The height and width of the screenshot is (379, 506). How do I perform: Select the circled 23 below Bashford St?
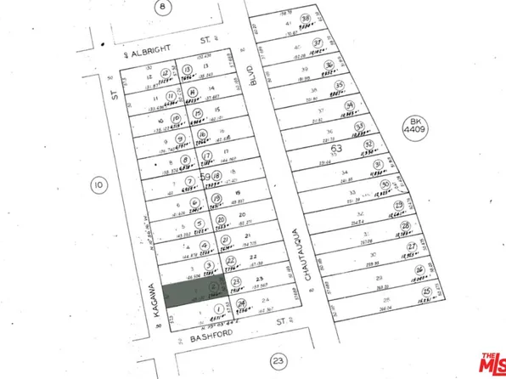pos(278,362)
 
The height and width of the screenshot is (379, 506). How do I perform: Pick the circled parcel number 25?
pos(426,291)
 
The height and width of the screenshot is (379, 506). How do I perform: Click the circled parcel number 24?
pos(242,303)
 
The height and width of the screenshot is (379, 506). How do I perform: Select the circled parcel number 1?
pos(219,308)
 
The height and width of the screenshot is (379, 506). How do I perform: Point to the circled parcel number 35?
pos(340,86)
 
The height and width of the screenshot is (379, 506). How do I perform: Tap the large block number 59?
pos(204,176)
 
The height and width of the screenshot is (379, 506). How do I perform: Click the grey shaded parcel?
pos(195,290)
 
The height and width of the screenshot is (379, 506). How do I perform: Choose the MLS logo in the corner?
pos(490,364)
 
